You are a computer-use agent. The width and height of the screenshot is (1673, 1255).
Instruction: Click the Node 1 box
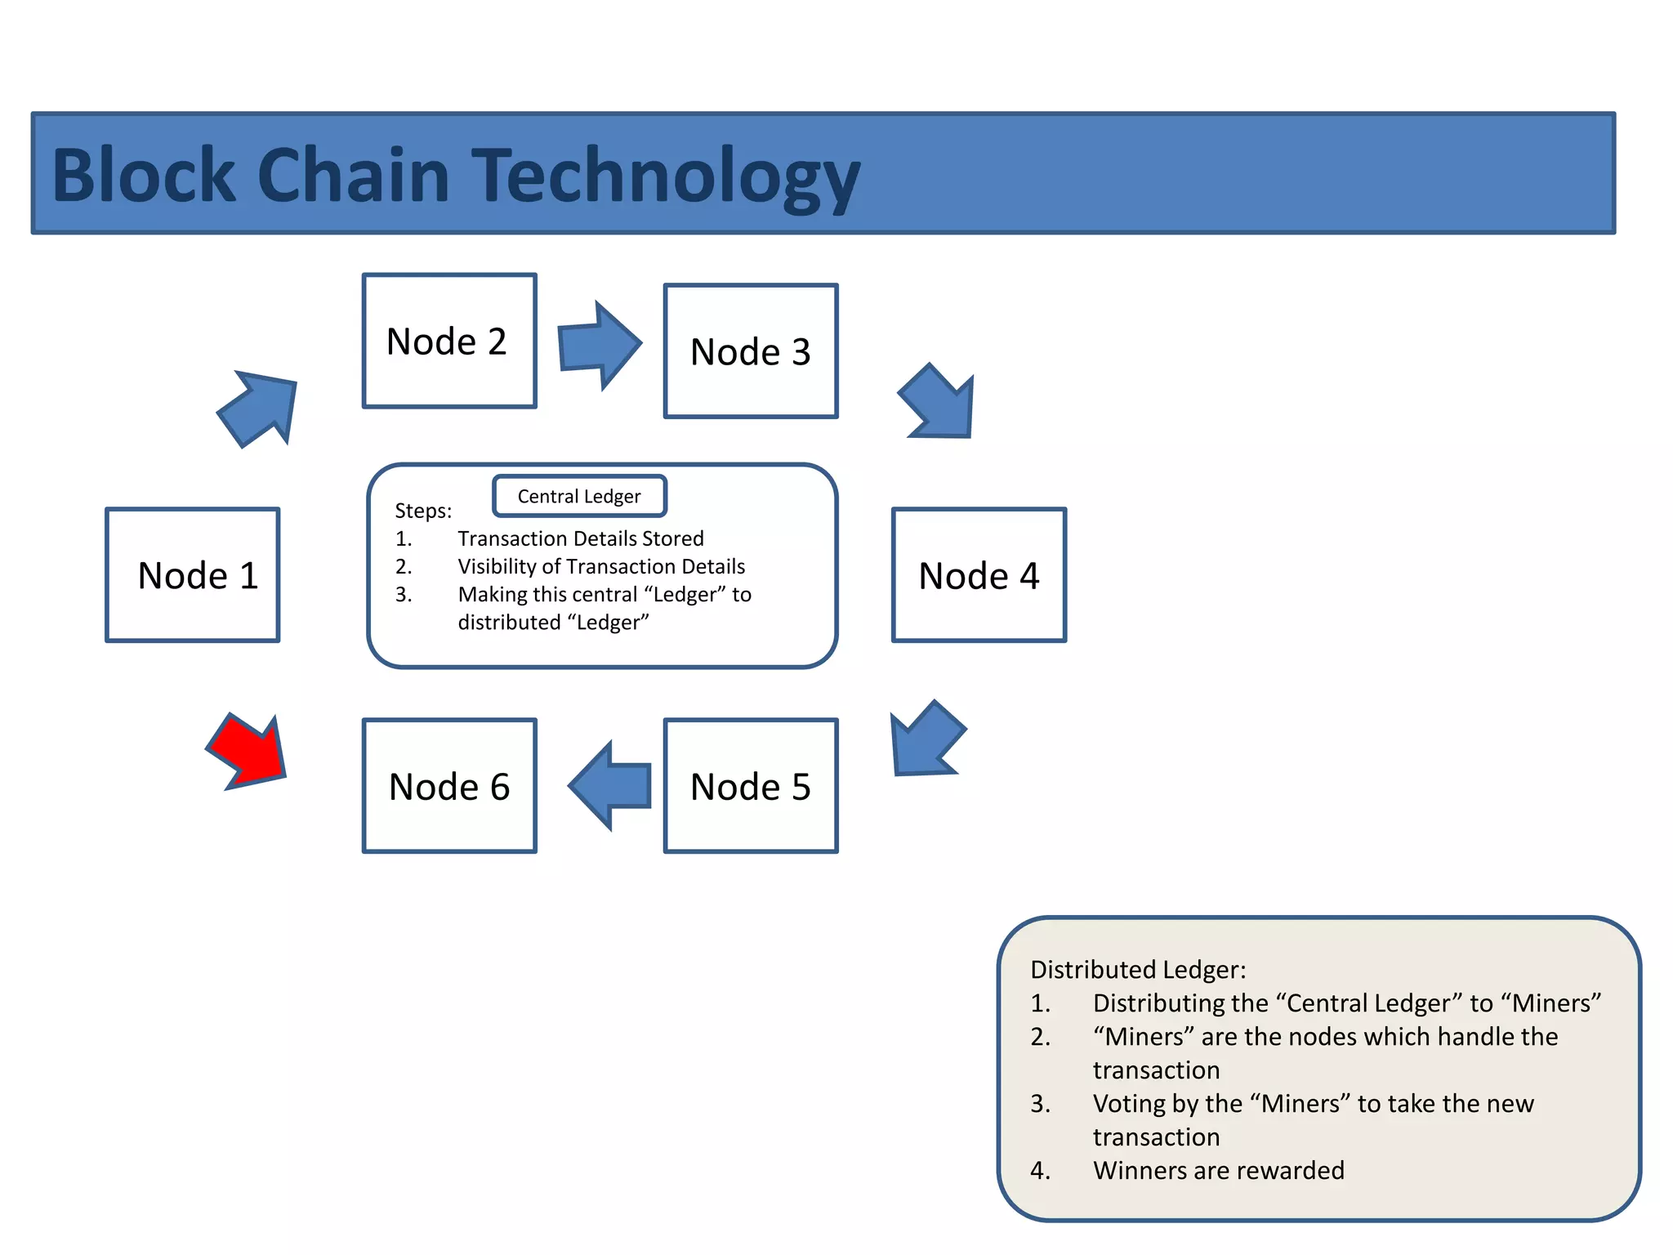pyautogui.click(x=193, y=575)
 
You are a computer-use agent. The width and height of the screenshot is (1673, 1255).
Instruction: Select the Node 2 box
pyautogui.click(x=449, y=341)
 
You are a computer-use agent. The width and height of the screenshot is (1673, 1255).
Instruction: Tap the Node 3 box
pyautogui.click(x=751, y=351)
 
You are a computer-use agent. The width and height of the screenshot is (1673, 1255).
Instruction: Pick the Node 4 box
pyautogui.click(x=979, y=575)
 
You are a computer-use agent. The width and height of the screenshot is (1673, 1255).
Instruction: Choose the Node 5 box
pyautogui.click(x=751, y=786)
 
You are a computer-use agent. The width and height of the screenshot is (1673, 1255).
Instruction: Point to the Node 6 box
pyautogui.click(x=449, y=786)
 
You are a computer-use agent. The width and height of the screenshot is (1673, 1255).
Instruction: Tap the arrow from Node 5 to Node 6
pyautogui.click(x=611, y=786)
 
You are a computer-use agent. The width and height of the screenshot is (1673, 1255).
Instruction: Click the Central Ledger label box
pyautogui.click(x=579, y=496)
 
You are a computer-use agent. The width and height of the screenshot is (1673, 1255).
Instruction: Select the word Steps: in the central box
pyautogui.click(x=423, y=511)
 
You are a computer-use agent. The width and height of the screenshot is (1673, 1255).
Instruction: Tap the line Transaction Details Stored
pyautogui.click(x=580, y=539)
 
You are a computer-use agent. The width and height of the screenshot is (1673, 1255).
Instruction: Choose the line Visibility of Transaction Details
pyautogui.click(x=601, y=567)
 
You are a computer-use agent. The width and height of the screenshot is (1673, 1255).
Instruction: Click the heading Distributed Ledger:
pyautogui.click(x=1138, y=970)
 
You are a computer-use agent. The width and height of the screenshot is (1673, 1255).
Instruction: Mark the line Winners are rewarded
pyautogui.click(x=1218, y=1171)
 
